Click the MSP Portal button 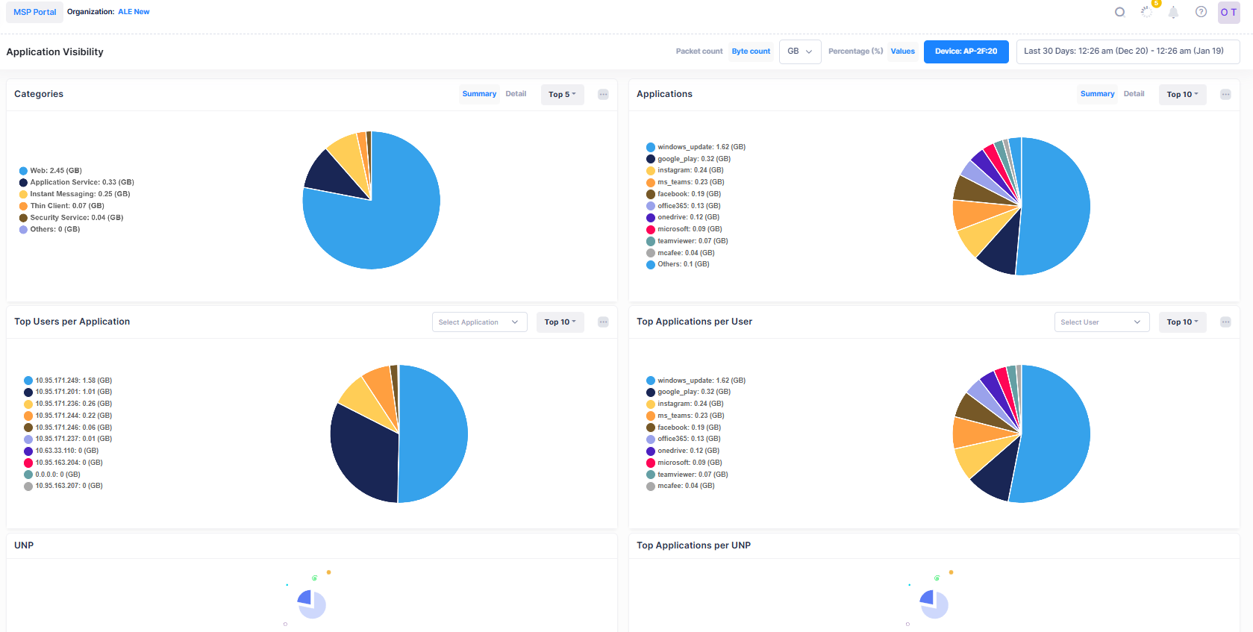pos(34,12)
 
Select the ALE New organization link pos(134,12)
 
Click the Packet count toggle pos(699,51)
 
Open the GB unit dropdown pos(799,51)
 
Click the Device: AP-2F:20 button pos(966,51)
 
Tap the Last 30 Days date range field pos(1127,51)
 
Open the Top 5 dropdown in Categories pos(562,95)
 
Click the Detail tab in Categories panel pos(516,94)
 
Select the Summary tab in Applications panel pos(1097,94)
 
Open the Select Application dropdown pos(479,322)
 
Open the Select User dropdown pos(1102,322)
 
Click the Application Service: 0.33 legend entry pos(81,182)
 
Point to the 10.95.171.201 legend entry pos(73,392)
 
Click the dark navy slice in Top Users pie pos(362,455)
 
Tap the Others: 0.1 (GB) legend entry pos(683,264)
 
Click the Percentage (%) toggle pos(855,51)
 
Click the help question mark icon pos(1201,12)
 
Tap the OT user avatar pos(1228,13)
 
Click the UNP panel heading pos(24,545)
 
